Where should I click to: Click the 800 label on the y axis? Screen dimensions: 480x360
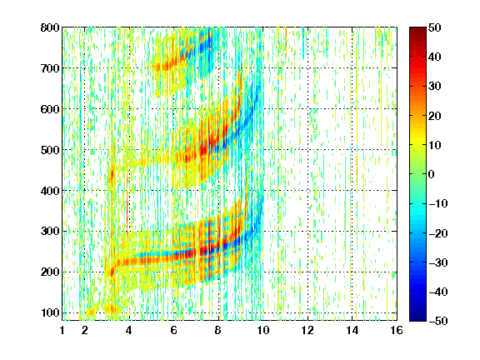pos(50,27)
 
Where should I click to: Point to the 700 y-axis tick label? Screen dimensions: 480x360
pos(50,68)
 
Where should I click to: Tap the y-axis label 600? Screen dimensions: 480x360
pos(50,109)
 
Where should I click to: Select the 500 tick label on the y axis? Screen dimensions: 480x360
pos(50,150)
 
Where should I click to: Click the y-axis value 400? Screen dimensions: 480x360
pos(50,191)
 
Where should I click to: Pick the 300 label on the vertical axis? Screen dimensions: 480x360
pos(50,231)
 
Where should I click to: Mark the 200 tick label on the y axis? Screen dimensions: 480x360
pos(50,272)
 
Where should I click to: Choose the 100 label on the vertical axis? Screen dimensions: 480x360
pos(50,312)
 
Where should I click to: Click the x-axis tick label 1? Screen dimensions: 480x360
pos(62,330)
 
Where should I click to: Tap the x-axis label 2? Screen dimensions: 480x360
pos(85,330)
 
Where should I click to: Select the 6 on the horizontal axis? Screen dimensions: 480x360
pos(174,330)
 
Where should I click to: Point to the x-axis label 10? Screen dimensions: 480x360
pos(263,330)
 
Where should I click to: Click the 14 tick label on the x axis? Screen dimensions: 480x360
pos(352,330)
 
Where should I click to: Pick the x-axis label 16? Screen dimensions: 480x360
pos(397,330)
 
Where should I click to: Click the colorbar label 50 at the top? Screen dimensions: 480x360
pos(434,27)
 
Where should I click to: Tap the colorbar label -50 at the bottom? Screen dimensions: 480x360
pos(438,321)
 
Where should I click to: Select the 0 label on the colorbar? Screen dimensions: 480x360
pos(432,174)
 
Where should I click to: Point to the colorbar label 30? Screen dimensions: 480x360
pos(434,87)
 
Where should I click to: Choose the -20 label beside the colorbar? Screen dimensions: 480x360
pos(438,233)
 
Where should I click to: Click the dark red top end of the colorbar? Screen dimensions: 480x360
pos(417,29)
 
